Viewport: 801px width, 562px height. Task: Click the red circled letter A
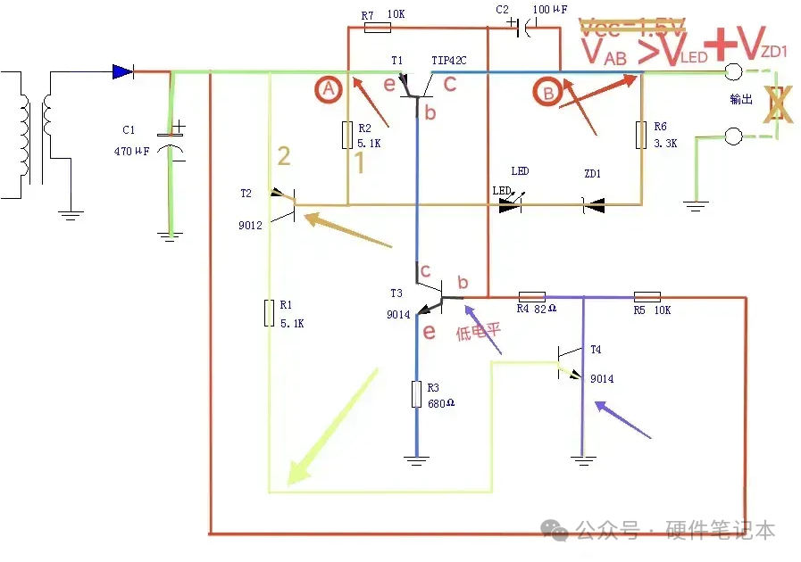click(329, 89)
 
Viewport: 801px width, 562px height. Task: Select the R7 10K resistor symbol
click(378, 27)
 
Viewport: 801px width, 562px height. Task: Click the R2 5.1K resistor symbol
click(346, 136)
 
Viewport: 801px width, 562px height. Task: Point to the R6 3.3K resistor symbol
click(640, 136)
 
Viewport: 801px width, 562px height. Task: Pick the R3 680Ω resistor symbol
click(416, 394)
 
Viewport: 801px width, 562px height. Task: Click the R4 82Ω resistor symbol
click(532, 296)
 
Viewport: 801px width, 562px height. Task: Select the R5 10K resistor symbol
click(647, 296)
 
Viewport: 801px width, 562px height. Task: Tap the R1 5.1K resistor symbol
click(269, 314)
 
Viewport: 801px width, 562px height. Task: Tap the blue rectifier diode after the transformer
click(122, 71)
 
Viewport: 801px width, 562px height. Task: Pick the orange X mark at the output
click(778, 103)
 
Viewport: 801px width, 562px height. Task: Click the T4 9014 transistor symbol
click(569, 364)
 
